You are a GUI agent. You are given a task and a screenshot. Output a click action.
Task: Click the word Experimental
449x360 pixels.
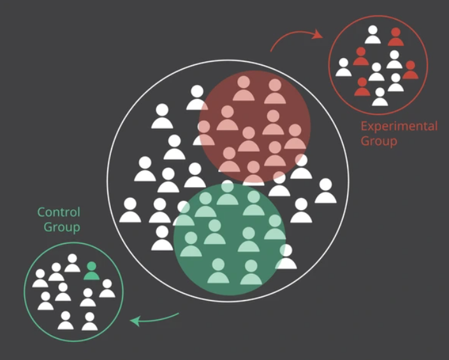point(399,126)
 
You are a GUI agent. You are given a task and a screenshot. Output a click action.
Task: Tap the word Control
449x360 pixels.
point(59,213)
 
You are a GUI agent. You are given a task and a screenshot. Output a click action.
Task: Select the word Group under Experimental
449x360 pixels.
point(379,141)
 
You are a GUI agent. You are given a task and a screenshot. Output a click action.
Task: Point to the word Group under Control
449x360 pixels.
point(62,227)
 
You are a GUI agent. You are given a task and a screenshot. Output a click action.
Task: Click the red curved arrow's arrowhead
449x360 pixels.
point(318,34)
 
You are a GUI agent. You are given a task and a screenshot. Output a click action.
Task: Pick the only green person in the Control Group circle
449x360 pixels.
point(91,271)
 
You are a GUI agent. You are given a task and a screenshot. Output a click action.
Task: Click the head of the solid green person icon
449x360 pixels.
point(91,266)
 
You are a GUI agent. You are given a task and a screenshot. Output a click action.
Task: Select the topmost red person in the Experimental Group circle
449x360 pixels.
point(395,36)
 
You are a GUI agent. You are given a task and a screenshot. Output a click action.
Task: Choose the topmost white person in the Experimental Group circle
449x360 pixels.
point(372,34)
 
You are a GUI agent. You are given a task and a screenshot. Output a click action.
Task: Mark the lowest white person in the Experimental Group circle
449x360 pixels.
point(379,96)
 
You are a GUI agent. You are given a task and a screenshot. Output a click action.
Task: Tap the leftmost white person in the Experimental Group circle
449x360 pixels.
point(343,67)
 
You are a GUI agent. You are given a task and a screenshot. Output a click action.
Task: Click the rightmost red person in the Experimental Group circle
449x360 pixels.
point(410,70)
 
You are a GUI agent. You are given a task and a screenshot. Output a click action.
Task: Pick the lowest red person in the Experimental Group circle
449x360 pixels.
point(362,87)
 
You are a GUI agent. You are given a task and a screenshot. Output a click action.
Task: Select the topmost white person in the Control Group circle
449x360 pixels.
point(72,263)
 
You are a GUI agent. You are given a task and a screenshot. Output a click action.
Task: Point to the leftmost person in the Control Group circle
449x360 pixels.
point(40,278)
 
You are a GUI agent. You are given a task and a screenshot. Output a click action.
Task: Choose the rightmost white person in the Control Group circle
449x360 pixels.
point(107,289)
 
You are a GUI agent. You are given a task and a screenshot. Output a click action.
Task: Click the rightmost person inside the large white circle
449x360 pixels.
point(325,191)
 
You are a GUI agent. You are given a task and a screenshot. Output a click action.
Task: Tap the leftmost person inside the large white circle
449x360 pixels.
point(130,210)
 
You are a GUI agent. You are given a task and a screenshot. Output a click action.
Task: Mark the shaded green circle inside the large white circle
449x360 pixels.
point(230,239)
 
